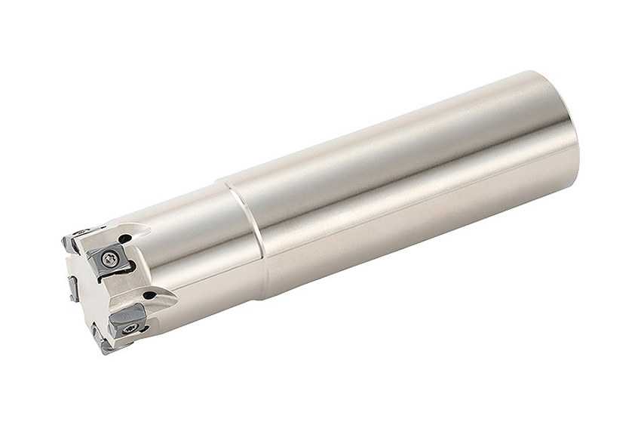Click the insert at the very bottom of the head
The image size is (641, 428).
tap(100, 342)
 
